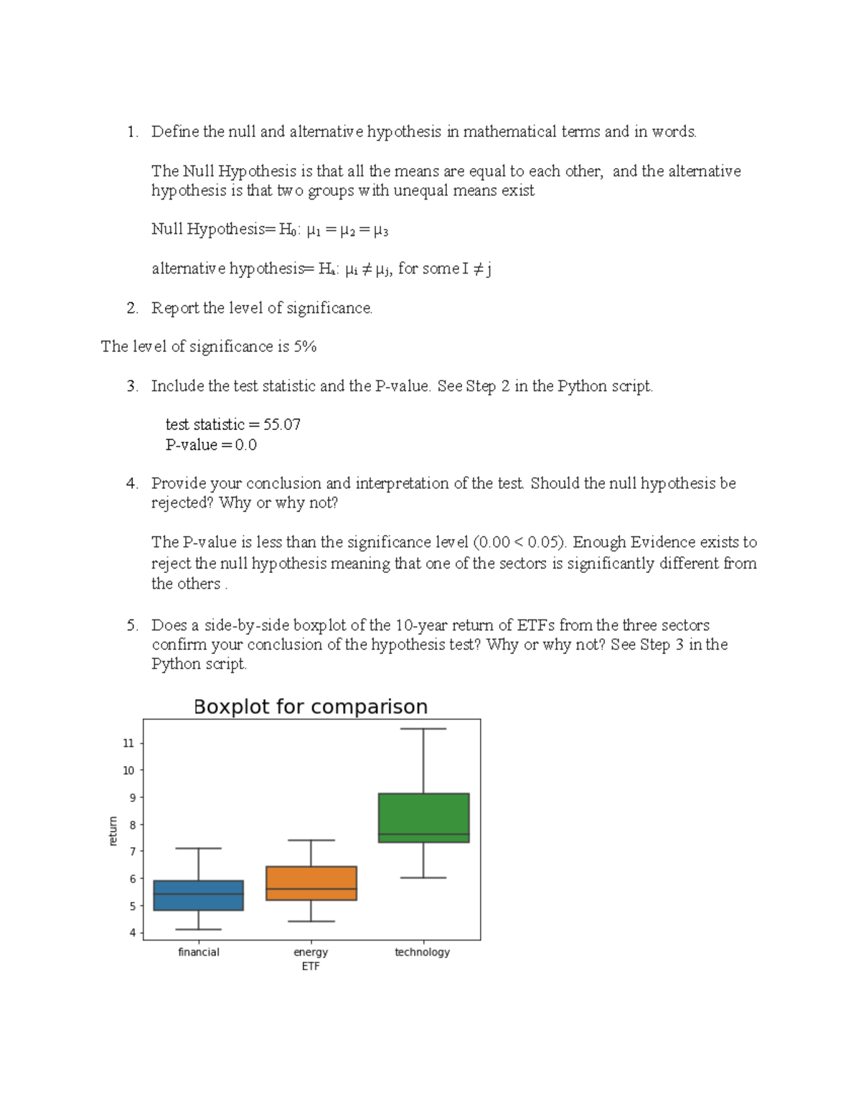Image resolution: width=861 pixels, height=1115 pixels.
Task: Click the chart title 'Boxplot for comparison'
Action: pos(310,707)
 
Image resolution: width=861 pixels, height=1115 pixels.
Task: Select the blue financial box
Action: pos(199,895)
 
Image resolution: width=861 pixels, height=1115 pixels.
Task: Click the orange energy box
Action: pos(311,883)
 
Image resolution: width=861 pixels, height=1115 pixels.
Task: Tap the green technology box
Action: pos(423,817)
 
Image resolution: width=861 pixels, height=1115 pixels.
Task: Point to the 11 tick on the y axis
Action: pos(129,743)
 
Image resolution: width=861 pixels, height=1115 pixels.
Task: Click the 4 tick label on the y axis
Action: pos(133,933)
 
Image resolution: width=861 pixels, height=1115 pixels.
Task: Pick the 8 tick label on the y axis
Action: pos(133,825)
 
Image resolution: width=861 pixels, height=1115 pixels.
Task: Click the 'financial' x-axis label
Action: pos(199,952)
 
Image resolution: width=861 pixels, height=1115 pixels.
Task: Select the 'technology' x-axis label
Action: pos(422,952)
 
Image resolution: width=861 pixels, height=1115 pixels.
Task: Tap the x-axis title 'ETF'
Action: pos(311,966)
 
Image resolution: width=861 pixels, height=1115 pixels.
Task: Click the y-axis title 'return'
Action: pos(113,831)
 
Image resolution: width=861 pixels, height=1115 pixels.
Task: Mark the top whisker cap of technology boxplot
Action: pos(423,729)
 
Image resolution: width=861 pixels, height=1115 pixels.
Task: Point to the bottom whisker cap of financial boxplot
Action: pos(199,930)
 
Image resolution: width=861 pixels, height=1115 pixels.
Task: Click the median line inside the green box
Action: pos(423,834)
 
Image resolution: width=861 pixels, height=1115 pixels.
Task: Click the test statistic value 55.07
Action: pos(282,424)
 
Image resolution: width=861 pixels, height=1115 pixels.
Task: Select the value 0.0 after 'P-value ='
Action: pos(245,445)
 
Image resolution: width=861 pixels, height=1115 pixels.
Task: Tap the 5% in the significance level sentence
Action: pos(305,347)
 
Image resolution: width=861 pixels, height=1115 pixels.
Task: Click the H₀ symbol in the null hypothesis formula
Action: pos(288,230)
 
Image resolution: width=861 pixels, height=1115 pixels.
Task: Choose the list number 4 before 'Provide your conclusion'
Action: pos(131,484)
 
